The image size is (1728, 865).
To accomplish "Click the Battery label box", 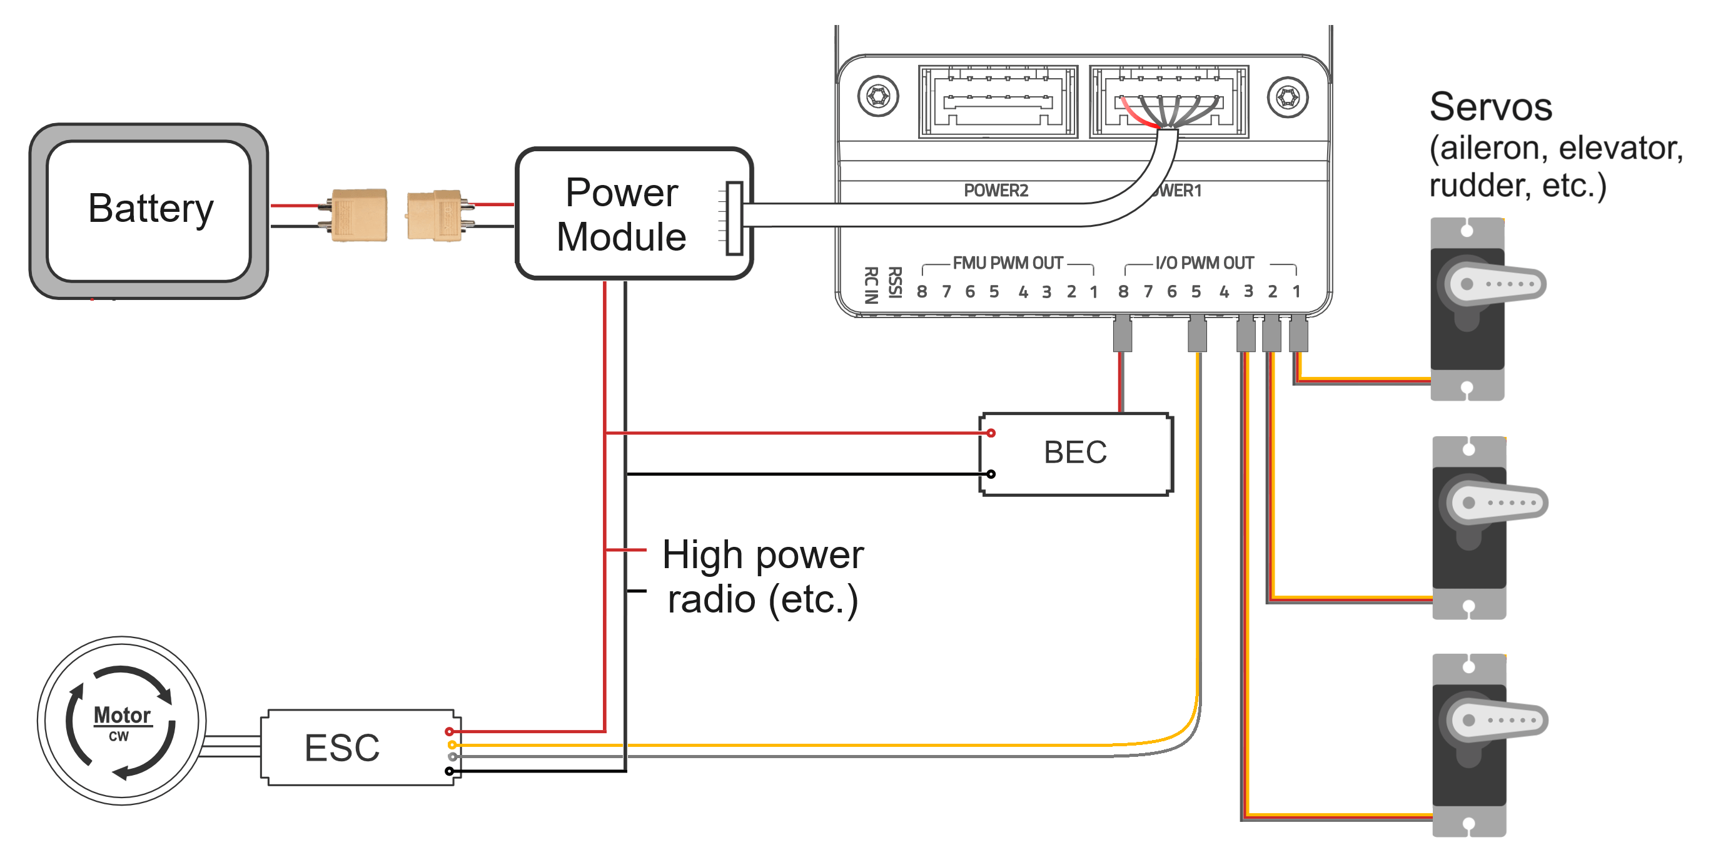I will pyautogui.click(x=149, y=210).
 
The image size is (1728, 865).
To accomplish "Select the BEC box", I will pyautogui.click(x=1075, y=453).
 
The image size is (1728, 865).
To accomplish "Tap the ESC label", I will pyautogui.click(x=342, y=747).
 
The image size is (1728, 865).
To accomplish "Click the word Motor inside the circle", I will pyautogui.click(x=121, y=715).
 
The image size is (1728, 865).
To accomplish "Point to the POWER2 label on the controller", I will pyautogui.click(x=996, y=191).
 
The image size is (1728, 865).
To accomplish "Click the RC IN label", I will pyautogui.click(x=871, y=285).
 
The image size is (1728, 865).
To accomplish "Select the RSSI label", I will pyautogui.click(x=895, y=282).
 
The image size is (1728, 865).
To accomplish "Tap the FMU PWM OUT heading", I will pyautogui.click(x=1008, y=263).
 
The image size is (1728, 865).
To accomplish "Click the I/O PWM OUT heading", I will pyautogui.click(x=1204, y=263).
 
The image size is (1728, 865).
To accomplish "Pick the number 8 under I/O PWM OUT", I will pyautogui.click(x=1124, y=292).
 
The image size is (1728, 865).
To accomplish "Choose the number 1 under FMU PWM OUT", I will pyautogui.click(x=1093, y=292).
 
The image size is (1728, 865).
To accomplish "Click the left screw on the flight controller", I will pyautogui.click(x=877, y=96).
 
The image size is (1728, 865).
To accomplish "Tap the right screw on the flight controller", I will pyautogui.click(x=1287, y=98).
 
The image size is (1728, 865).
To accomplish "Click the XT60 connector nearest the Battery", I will pyautogui.click(x=359, y=214).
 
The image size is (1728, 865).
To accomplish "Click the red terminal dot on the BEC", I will pyautogui.click(x=991, y=433).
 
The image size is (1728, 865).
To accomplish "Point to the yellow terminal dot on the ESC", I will pyautogui.click(x=452, y=745).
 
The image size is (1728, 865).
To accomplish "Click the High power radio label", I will pyautogui.click(x=763, y=577).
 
